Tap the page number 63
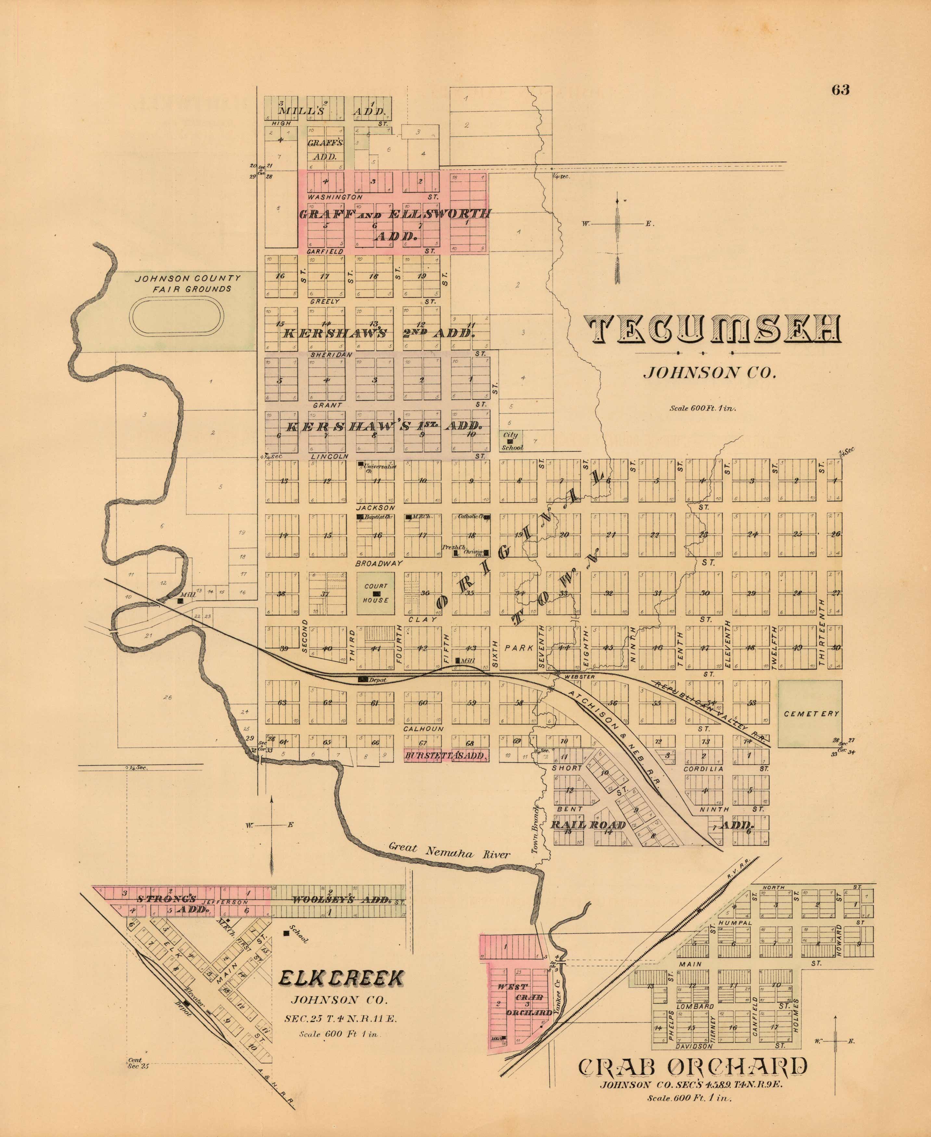(x=840, y=90)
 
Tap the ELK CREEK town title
(x=341, y=979)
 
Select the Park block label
(x=518, y=648)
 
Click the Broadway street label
(x=379, y=564)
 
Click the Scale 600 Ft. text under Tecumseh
(x=703, y=408)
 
